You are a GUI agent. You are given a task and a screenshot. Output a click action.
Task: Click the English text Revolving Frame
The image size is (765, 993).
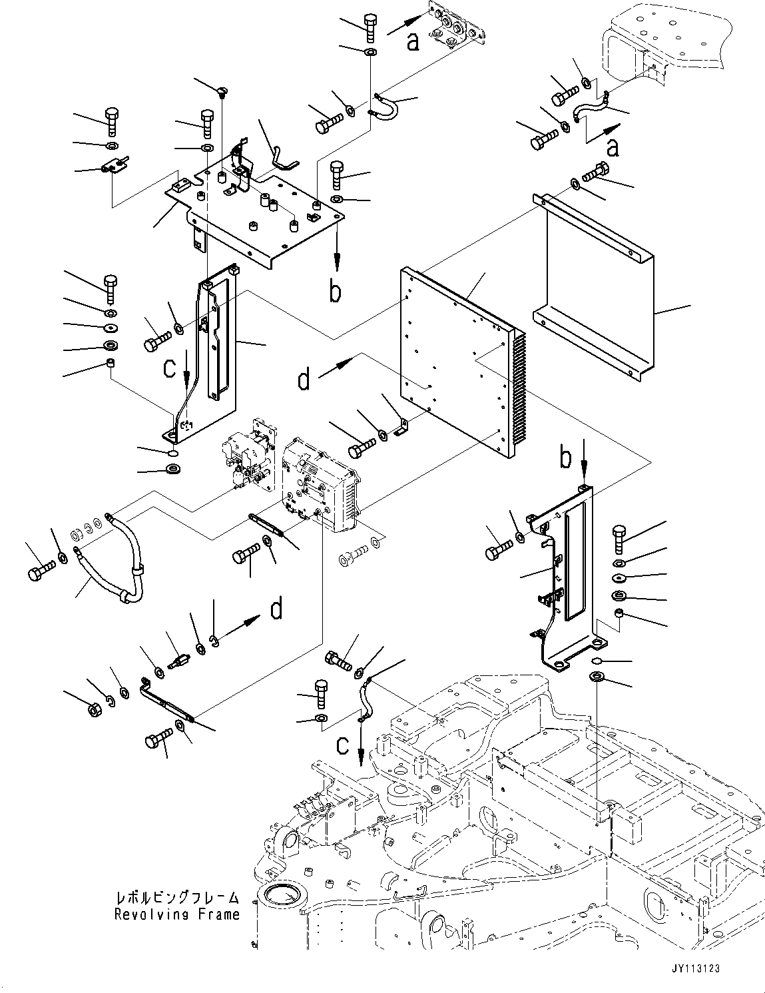click(x=176, y=914)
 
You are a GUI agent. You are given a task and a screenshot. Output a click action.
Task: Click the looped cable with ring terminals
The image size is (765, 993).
click(x=110, y=559)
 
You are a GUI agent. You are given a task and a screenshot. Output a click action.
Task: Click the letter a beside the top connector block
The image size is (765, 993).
click(x=413, y=42)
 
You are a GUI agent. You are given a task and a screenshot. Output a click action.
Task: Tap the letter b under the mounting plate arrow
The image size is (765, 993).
click(x=336, y=291)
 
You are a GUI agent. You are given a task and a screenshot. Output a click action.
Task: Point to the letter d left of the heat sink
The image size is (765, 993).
click(x=304, y=380)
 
